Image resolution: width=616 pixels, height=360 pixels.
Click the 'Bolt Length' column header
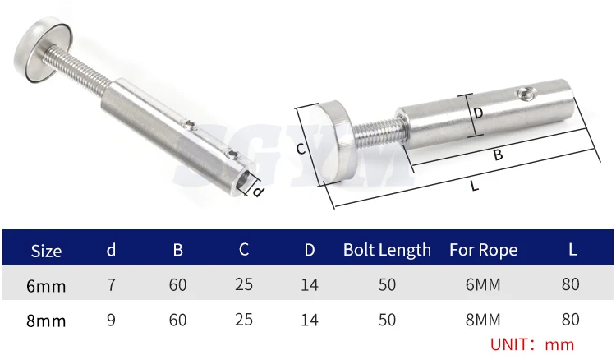tap(387, 250)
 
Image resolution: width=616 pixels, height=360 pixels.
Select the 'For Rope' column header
tap(483, 250)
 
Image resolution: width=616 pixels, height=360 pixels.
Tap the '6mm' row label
tap(46, 286)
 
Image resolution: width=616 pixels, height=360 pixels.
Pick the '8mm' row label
tap(46, 321)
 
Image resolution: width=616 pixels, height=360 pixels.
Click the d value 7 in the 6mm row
tap(111, 284)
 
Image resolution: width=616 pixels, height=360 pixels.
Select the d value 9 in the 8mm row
tap(111, 320)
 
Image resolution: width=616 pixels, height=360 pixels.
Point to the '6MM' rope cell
tap(483, 284)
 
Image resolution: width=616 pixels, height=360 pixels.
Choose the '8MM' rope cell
tap(483, 320)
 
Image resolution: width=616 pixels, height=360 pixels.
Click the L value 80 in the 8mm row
tap(571, 320)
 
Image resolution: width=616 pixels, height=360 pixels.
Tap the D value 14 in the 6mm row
tap(310, 285)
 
